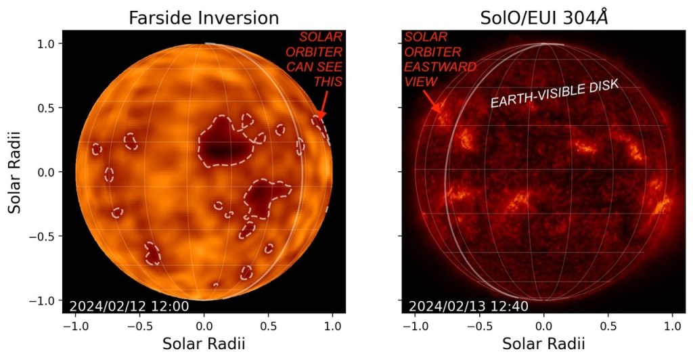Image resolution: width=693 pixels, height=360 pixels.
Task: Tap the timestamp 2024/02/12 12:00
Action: tap(129, 307)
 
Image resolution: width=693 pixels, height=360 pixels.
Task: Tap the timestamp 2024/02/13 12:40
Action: tap(468, 307)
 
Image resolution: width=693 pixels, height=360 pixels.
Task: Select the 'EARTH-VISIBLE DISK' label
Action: tap(556, 94)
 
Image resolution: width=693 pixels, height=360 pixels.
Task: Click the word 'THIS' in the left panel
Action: tap(328, 81)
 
